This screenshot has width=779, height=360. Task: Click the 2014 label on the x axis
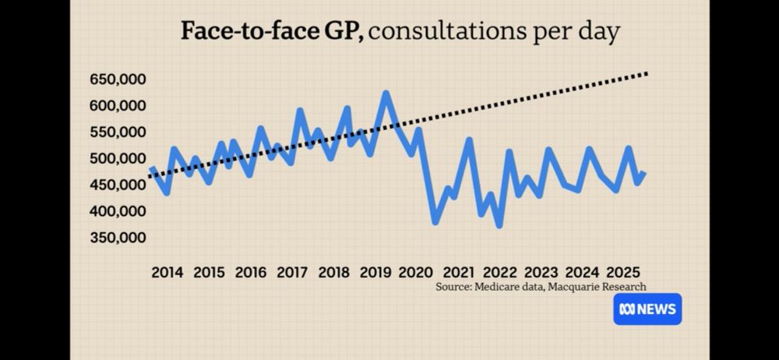[167, 273]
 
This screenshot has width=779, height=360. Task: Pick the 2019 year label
[375, 273]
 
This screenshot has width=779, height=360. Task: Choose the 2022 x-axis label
[499, 273]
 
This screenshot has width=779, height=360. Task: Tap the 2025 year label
[624, 273]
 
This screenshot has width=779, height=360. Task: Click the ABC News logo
[647, 309]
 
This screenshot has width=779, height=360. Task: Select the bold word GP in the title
[342, 32]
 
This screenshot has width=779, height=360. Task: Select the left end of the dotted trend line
[147, 178]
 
